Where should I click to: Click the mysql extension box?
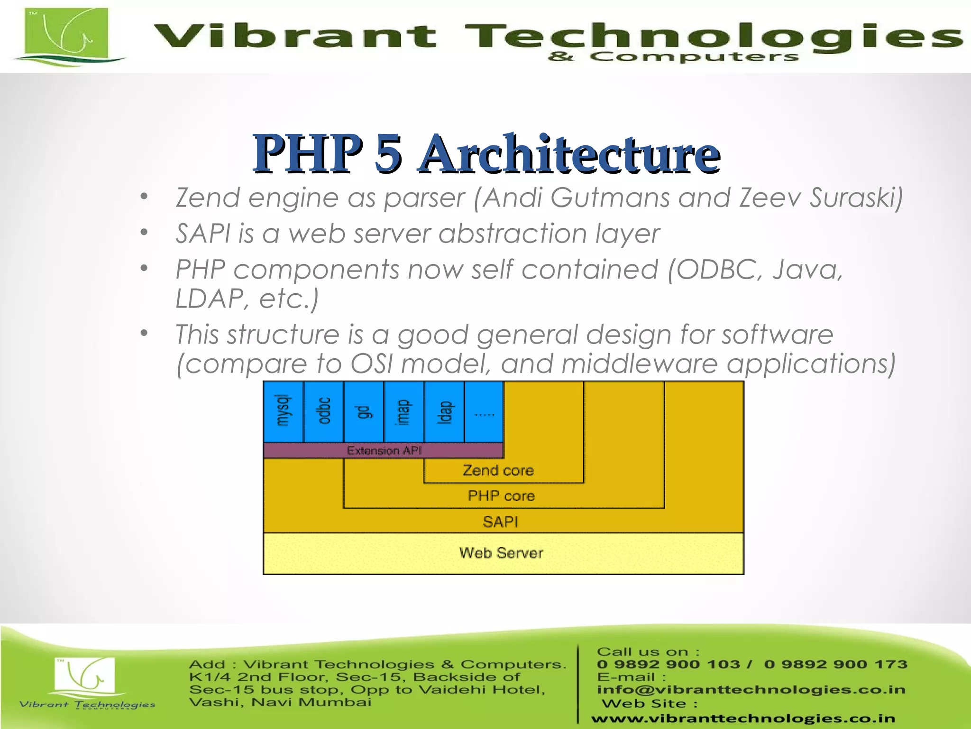(283, 411)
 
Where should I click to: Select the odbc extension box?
(323, 411)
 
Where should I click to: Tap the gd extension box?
(364, 411)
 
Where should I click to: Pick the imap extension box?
(403, 411)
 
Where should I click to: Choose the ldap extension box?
(444, 411)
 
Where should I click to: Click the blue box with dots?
(484, 411)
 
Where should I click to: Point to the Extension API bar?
(383, 450)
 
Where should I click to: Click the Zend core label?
(498, 470)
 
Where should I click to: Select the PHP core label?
(501, 496)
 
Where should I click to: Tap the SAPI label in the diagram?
(500, 522)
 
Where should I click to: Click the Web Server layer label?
(501, 553)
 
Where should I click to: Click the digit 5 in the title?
(389, 153)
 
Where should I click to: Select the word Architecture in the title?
(569, 153)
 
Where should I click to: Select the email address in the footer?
(751, 690)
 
